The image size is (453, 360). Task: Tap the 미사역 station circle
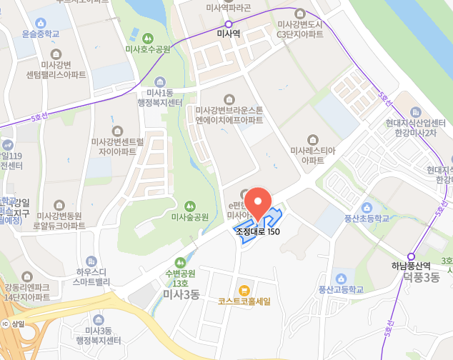tap(229, 24)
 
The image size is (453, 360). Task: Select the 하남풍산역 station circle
tap(411, 256)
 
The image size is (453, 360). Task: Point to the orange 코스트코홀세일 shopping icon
tap(244, 290)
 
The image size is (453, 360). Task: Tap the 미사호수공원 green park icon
tap(148, 37)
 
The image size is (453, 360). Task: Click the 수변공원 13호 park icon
tap(180, 262)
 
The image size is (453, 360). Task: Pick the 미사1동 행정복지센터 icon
tap(159, 81)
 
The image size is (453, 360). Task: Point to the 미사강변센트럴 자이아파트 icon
tap(118, 130)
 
